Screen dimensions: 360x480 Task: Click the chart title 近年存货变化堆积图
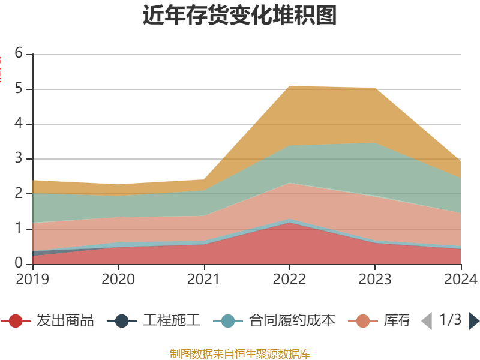pyautogui.click(x=240, y=16)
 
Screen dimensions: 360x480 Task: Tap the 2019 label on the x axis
pyautogui.click(x=33, y=279)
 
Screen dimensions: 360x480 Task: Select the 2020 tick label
pyautogui.click(x=118, y=279)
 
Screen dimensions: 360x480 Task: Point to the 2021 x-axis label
pyautogui.click(x=204, y=279)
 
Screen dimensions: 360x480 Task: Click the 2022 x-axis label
pyautogui.click(x=289, y=279)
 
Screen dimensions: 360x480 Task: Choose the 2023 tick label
pyautogui.click(x=375, y=279)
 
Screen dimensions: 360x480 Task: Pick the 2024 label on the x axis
pyautogui.click(x=461, y=279)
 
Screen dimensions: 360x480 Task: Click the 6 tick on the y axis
pyautogui.click(x=19, y=53)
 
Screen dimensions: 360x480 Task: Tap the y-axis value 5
pyautogui.click(x=19, y=89)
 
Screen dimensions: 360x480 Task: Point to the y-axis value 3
pyautogui.click(x=19, y=159)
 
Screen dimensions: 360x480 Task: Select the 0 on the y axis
pyautogui.click(x=19, y=264)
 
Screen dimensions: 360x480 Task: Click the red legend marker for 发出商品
pyautogui.click(x=16, y=321)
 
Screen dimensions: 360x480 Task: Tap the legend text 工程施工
pyautogui.click(x=171, y=321)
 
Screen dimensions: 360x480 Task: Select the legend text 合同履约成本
pyautogui.click(x=292, y=321)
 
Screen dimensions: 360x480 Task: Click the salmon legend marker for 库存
pyautogui.click(x=363, y=321)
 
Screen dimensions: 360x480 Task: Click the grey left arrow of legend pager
pyautogui.click(x=427, y=321)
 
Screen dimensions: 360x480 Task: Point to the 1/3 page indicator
pyautogui.click(x=450, y=320)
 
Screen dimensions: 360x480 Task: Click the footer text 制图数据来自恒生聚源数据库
pyautogui.click(x=240, y=353)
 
